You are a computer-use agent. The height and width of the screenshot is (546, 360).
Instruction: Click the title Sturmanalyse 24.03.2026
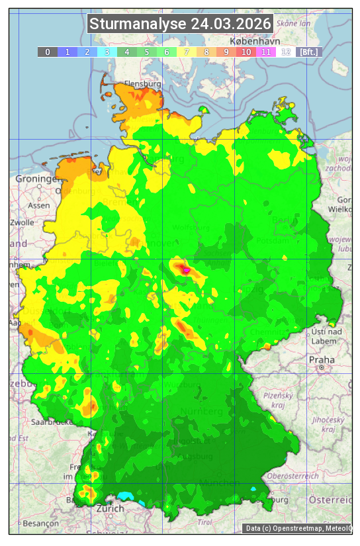click(x=180, y=24)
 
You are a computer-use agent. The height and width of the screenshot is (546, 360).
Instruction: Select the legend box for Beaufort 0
click(x=48, y=52)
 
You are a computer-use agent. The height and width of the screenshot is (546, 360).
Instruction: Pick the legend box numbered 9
click(x=226, y=52)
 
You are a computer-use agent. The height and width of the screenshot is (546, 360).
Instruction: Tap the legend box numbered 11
click(x=266, y=52)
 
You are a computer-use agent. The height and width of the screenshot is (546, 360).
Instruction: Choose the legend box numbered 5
click(x=147, y=52)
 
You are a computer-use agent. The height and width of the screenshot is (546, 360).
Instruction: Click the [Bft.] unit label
click(x=308, y=52)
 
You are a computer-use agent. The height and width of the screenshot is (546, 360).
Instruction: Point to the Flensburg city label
click(x=143, y=84)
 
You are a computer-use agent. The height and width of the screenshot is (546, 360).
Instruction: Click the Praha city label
click(x=321, y=360)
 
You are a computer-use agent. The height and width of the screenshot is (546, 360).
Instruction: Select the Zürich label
click(x=110, y=508)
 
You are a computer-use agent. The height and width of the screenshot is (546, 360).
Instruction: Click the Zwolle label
click(x=22, y=222)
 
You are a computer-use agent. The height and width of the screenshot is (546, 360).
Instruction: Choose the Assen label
click(x=39, y=205)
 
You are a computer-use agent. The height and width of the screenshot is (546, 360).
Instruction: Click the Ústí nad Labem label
click(x=326, y=336)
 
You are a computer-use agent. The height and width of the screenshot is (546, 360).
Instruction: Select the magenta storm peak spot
click(x=186, y=270)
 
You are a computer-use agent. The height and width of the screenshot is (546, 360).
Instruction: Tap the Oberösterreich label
click(x=292, y=475)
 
